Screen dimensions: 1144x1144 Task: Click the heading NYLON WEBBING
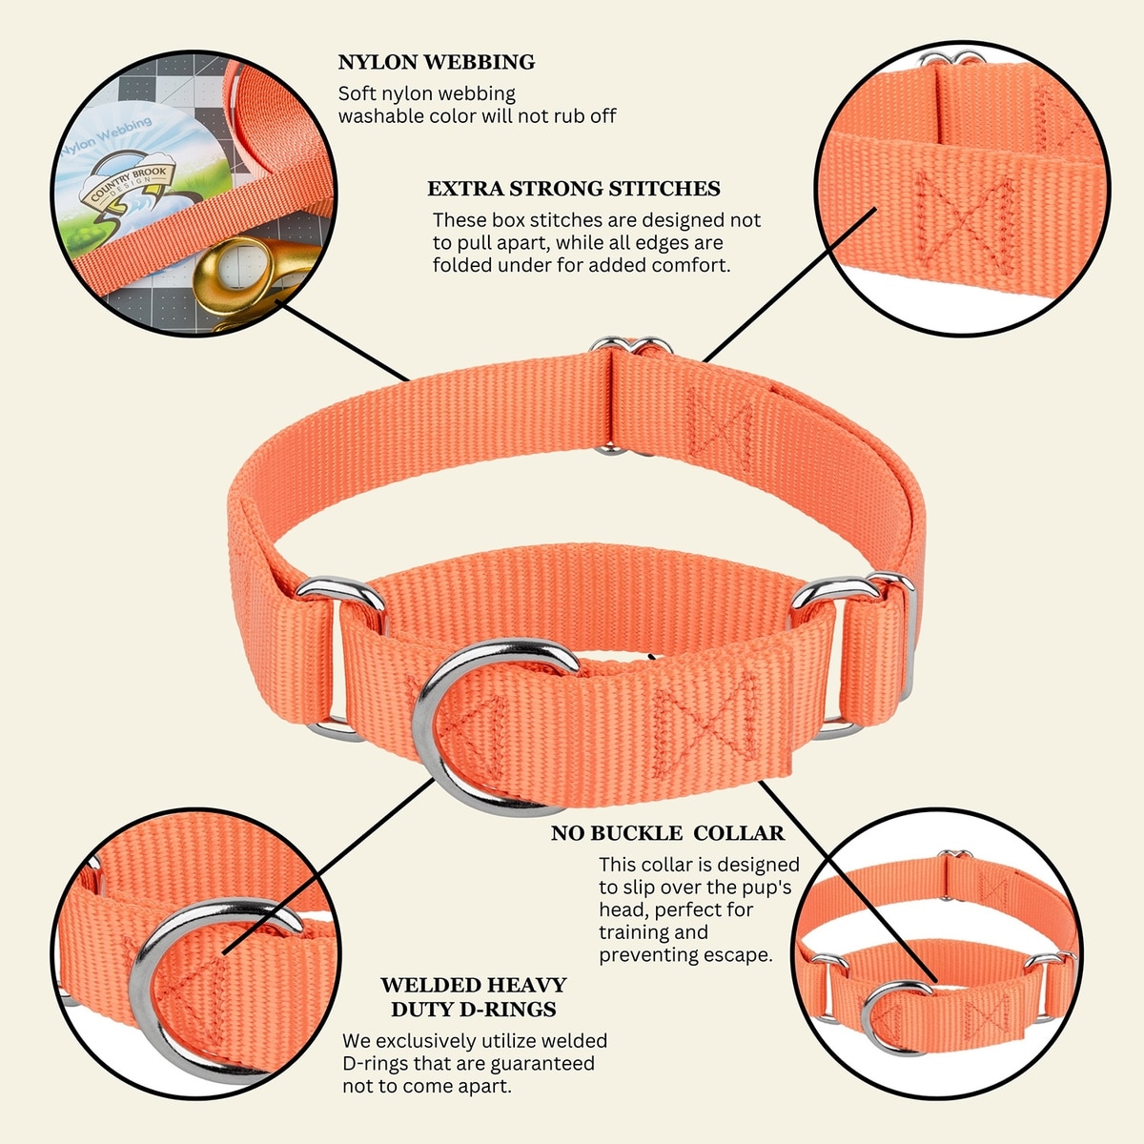[x=437, y=62]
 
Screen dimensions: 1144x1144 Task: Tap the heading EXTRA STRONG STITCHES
[x=574, y=189]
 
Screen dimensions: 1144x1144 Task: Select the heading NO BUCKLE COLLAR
[x=668, y=833]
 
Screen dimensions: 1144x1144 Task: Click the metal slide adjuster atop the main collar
[x=631, y=344]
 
